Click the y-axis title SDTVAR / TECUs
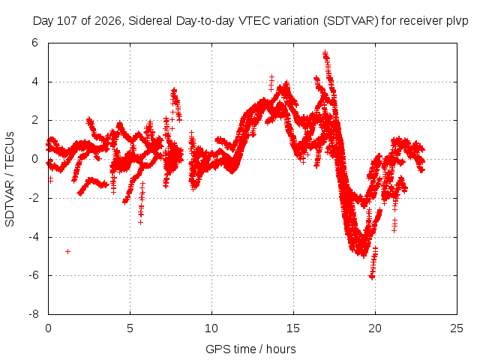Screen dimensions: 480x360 (10, 179)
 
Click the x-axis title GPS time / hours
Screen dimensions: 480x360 (250, 349)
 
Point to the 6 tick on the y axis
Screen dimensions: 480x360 (34, 43)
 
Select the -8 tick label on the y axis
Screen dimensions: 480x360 (34, 314)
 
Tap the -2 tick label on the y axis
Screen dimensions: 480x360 (34, 198)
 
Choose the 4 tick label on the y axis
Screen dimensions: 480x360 (34, 82)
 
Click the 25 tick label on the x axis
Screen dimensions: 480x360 (457, 328)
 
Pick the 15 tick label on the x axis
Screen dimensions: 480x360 (293, 328)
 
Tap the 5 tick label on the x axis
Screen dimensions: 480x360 (130, 328)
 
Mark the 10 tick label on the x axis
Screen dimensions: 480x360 (211, 328)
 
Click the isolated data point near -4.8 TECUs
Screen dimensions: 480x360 (68, 252)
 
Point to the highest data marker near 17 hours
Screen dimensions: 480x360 (325, 53)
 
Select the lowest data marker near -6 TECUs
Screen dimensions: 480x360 (372, 277)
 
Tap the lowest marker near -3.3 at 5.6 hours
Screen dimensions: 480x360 (140, 222)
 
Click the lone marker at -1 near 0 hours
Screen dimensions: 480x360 (51, 179)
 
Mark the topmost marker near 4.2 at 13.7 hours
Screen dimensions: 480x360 (271, 76)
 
